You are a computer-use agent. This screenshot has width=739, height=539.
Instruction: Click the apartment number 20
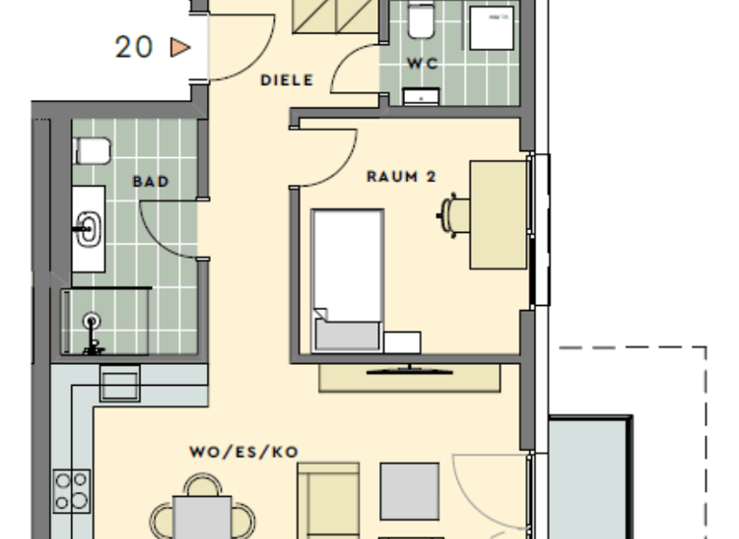(134, 46)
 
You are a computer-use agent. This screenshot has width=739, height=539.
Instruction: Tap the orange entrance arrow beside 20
(180, 46)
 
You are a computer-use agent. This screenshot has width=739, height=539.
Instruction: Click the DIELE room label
(287, 81)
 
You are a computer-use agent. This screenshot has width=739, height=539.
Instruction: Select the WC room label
(422, 64)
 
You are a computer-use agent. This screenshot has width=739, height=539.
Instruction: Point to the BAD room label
(151, 181)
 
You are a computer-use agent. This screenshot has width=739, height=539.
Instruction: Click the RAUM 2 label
(401, 176)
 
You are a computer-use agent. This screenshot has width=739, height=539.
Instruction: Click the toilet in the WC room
(420, 20)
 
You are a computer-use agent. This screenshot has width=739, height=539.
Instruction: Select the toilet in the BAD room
(91, 151)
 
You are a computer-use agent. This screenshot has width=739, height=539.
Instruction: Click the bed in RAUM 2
(345, 279)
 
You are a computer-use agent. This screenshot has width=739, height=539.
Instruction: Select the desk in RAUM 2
(497, 215)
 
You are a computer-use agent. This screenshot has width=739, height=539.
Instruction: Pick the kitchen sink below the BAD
(119, 385)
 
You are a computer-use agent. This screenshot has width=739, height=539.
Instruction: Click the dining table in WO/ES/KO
(202, 518)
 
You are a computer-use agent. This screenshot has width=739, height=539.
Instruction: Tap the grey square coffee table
(409, 491)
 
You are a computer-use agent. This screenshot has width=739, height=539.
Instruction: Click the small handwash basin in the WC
(420, 94)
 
